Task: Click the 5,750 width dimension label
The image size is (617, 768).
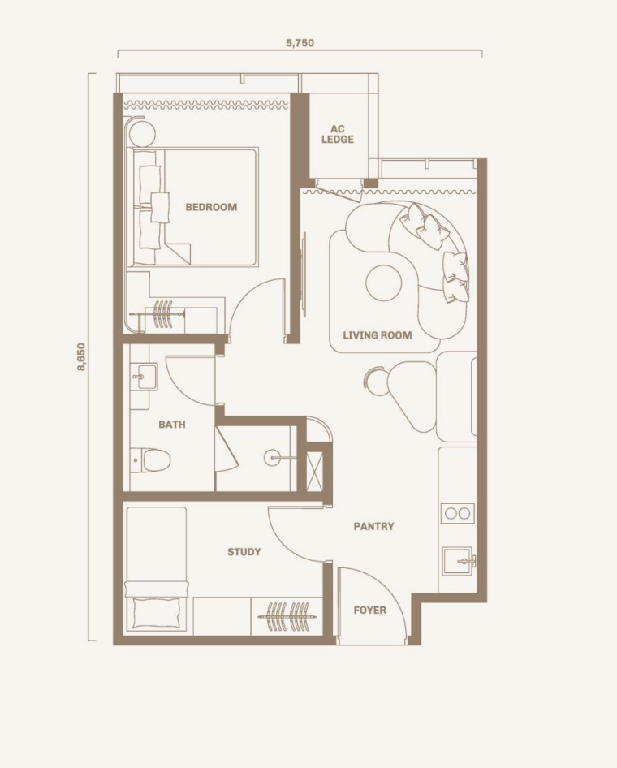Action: pos(300,43)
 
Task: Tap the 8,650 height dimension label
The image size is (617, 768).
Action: pos(81,356)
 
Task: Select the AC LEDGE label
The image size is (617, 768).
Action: pos(338,134)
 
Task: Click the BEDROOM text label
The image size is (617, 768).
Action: pos(211,207)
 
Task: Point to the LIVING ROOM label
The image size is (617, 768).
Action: pos(377,335)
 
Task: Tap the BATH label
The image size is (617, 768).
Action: pos(172,425)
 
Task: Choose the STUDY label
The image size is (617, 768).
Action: pos(244,552)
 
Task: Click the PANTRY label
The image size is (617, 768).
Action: pos(373,527)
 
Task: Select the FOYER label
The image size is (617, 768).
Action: pos(369,611)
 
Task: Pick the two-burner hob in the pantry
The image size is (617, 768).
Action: pos(457,513)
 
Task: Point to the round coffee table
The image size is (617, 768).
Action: pos(384,283)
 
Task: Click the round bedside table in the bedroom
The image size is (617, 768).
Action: pos(142,134)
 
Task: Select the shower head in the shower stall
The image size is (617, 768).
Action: pos(272,458)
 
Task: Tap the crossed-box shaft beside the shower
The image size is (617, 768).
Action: pos(314,472)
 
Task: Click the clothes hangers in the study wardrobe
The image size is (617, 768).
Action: pos(287,617)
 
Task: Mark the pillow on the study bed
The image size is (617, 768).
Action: pos(156,613)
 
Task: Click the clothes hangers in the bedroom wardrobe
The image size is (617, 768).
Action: pos(162,314)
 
